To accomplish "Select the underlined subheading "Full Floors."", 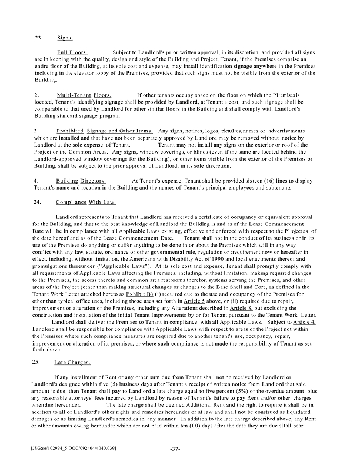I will point(72,53).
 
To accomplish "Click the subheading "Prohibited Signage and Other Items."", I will point(105,130).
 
